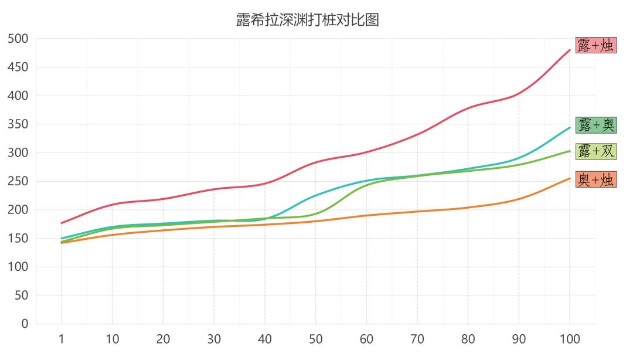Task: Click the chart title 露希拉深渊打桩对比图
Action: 308,20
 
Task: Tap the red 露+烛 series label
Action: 596,45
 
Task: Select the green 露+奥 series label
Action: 596,125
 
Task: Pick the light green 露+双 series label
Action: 596,151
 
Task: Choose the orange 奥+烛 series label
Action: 596,179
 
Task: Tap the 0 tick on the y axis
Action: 25,324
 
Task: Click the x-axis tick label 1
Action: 62,339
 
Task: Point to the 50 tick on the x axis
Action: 315,339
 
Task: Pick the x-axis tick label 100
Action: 570,339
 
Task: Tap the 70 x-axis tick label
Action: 417,339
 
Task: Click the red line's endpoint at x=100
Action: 570,50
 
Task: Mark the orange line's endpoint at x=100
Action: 570,178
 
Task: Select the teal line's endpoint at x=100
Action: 570,127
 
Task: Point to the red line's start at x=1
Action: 62,223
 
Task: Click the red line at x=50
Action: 315,162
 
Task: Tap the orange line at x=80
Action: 468,208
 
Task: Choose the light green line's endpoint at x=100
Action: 570,151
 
